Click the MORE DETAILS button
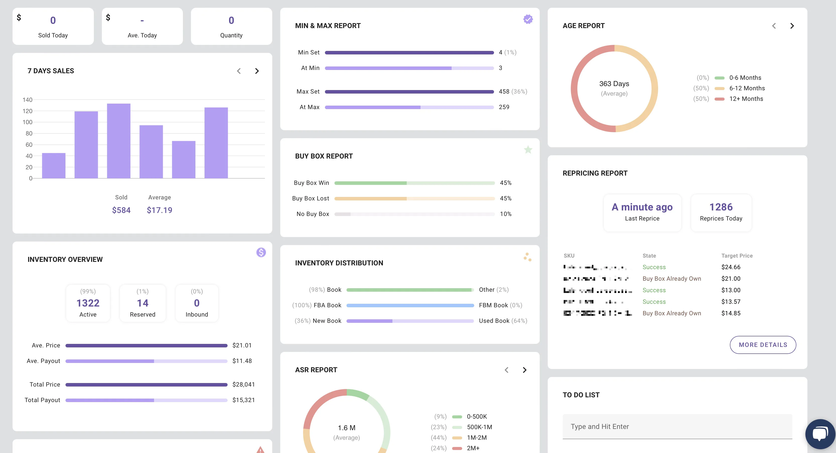(x=763, y=345)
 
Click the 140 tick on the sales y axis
(x=27, y=100)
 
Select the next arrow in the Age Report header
(x=792, y=26)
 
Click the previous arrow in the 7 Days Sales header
(x=239, y=71)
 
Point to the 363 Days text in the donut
(x=614, y=84)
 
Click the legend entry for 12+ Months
(x=746, y=99)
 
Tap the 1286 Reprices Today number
(x=721, y=207)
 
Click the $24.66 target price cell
(x=731, y=267)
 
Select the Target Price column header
(x=737, y=256)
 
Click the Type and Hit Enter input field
(x=677, y=426)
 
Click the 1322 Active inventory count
(x=88, y=303)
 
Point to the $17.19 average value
(x=159, y=210)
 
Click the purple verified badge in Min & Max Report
(x=528, y=19)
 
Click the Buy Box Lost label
(x=310, y=198)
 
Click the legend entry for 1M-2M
(x=476, y=437)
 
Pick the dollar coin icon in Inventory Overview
(x=261, y=252)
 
